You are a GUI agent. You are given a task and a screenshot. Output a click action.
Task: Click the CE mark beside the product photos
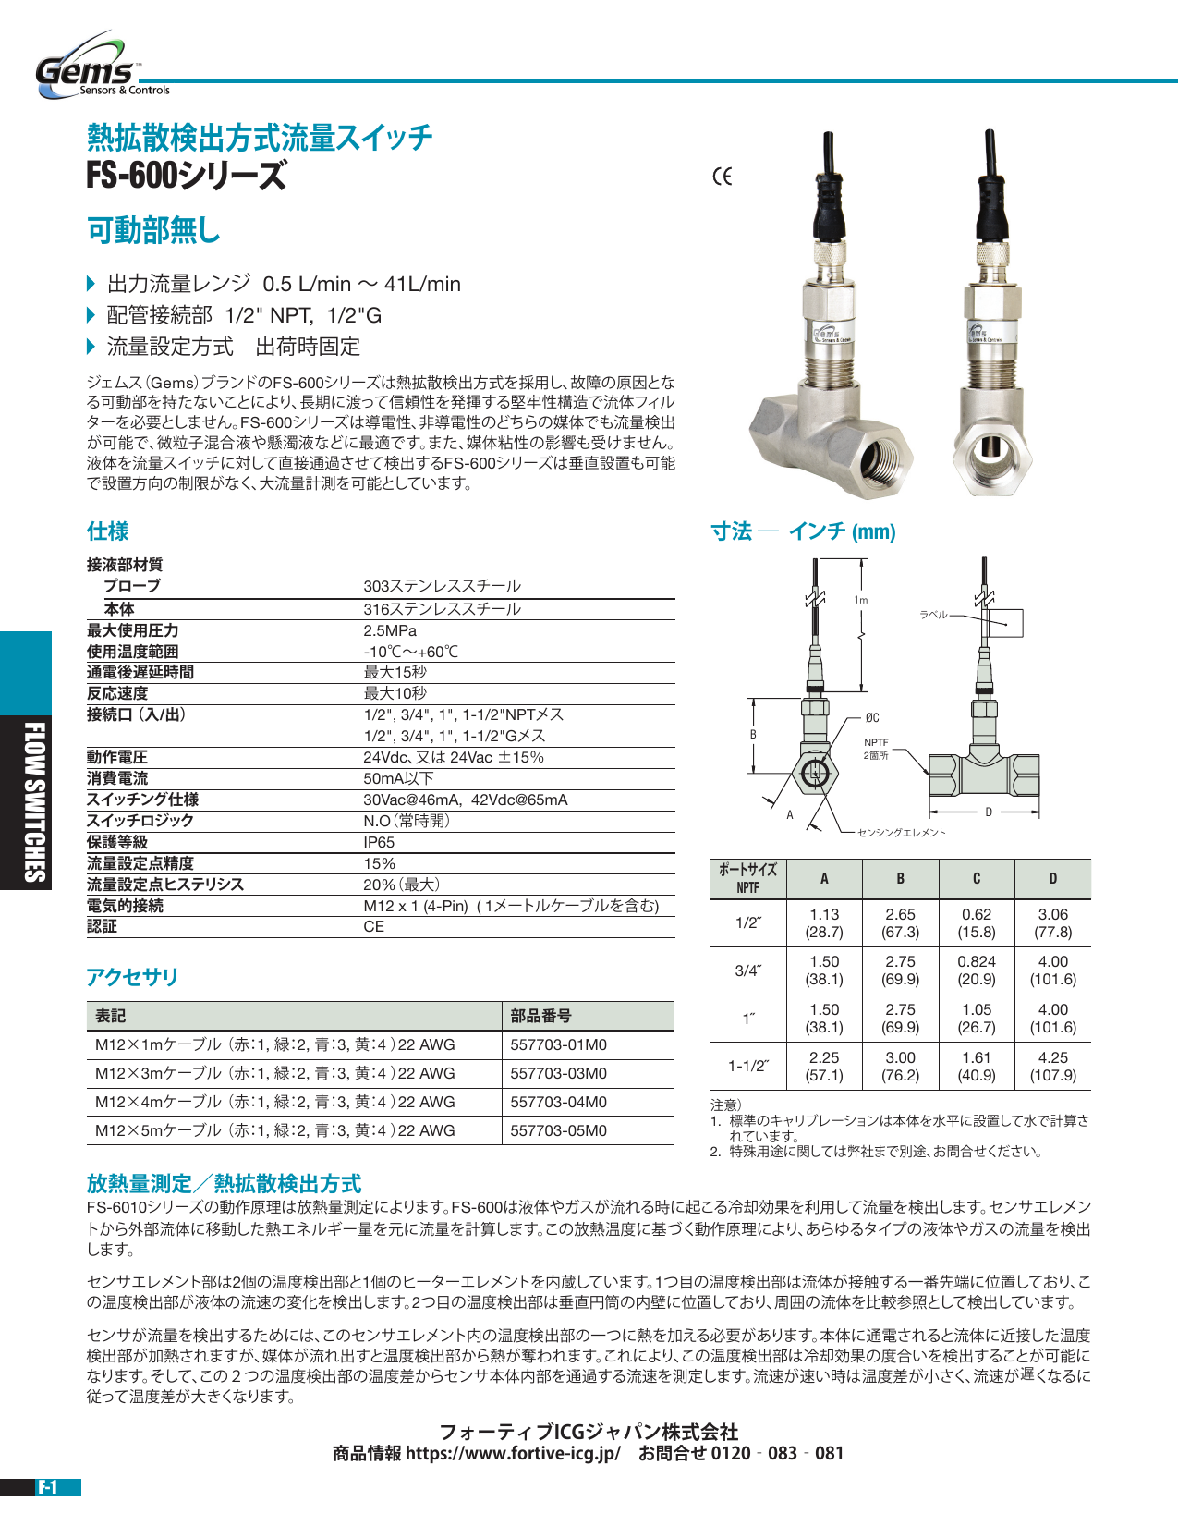click(x=723, y=177)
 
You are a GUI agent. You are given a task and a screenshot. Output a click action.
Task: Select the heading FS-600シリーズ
click(x=187, y=176)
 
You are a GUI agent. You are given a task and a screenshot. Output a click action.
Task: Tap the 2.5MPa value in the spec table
click(x=390, y=630)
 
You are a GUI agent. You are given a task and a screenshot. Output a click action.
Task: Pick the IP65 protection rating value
click(x=379, y=842)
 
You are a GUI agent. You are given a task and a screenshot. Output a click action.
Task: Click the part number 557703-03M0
click(x=559, y=1073)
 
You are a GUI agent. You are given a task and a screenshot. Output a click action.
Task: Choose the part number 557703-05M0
click(x=559, y=1130)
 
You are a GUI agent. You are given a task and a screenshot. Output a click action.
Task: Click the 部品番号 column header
click(x=541, y=1016)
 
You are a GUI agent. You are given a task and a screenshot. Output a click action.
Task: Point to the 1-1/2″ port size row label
click(x=748, y=1066)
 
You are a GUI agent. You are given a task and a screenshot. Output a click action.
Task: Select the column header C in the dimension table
click(x=977, y=878)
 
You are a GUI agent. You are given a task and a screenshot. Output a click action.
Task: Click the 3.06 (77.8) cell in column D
click(x=1053, y=922)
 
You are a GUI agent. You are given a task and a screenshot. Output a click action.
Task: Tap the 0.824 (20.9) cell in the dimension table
click(x=977, y=971)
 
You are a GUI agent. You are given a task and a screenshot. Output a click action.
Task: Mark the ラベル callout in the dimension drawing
click(x=933, y=615)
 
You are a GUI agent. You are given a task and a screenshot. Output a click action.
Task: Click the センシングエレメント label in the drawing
click(x=902, y=833)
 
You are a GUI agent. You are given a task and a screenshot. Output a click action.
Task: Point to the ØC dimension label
click(x=872, y=717)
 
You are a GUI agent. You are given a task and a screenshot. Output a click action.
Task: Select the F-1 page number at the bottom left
click(x=48, y=1487)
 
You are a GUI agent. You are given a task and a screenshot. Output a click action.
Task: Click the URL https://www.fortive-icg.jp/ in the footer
click(x=513, y=1453)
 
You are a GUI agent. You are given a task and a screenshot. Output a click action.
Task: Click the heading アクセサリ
click(x=132, y=977)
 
